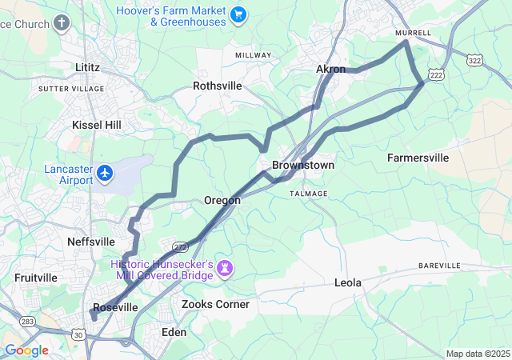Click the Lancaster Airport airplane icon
[x=105, y=173]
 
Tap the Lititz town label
[x=86, y=68]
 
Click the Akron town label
[x=331, y=70]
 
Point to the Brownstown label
[x=303, y=165]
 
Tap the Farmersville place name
[x=418, y=158]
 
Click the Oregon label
[x=222, y=201]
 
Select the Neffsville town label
[x=91, y=242]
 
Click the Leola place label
[x=348, y=283]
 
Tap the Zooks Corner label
[x=215, y=305]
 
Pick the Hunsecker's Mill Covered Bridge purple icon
[x=226, y=268]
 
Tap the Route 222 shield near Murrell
[x=437, y=73]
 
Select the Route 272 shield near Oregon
[x=179, y=246]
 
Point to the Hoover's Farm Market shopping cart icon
[x=238, y=14]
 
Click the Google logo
[x=26, y=350]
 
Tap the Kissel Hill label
[x=97, y=126]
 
